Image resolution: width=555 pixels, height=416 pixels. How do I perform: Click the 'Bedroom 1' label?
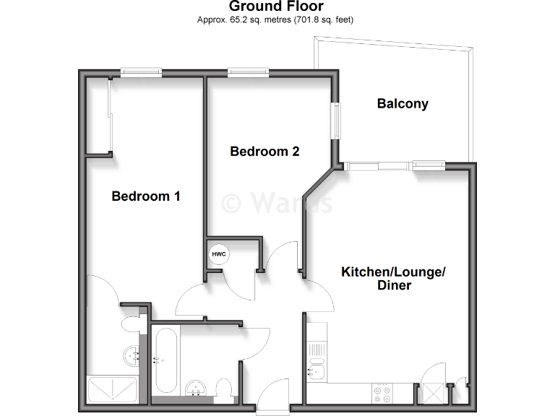coord(145,196)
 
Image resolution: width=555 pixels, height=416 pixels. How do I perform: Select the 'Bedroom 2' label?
coord(264,152)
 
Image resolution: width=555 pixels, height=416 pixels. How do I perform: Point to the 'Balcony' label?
coord(403,103)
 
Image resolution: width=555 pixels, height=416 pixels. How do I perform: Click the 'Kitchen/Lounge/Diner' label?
coord(394,278)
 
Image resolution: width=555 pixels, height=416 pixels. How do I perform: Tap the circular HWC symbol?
coord(218,254)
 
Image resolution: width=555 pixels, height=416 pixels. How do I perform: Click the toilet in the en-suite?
coord(131,322)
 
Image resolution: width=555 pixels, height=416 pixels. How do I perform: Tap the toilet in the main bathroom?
coord(225,390)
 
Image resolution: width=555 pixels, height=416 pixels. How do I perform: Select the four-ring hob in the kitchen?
coord(382,394)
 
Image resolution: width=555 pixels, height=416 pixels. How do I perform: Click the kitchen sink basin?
coord(316,372)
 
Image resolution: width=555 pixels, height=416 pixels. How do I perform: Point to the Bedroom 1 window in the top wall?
coord(141,71)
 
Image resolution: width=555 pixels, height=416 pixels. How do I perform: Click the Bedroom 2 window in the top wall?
coord(248,71)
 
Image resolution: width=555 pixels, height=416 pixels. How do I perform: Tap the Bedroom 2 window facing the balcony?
coord(336,120)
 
